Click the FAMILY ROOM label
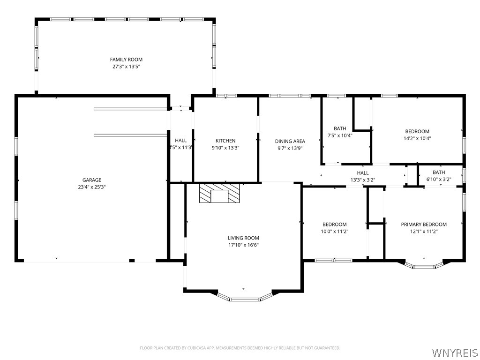[x=126, y=60]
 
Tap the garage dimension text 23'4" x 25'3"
[x=92, y=187]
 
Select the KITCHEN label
[x=225, y=141]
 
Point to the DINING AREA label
[x=290, y=141]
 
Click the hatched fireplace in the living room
[x=219, y=193]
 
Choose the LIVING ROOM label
[x=243, y=238]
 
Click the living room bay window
[x=245, y=297]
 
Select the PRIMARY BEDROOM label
[x=424, y=225]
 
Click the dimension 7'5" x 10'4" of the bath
[x=340, y=135]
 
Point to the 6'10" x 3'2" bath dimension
[x=439, y=179]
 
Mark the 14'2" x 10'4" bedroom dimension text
[x=417, y=138]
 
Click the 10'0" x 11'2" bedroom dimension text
[x=335, y=232]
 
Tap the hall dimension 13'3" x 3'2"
[x=363, y=180]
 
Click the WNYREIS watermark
[x=455, y=352]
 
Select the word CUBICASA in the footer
[x=195, y=348]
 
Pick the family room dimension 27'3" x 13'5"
[x=126, y=66]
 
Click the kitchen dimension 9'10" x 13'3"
[x=225, y=148]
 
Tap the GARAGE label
[x=92, y=180]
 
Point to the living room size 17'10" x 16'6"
[x=243, y=245]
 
